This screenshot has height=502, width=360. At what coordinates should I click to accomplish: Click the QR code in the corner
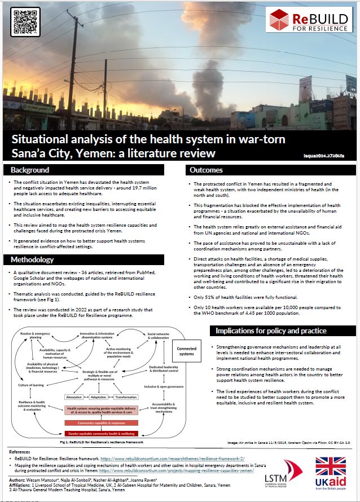pos(25,21)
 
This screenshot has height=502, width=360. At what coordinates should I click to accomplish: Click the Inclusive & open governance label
pos(164,386)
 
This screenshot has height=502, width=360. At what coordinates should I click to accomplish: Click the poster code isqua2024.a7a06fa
pos(335,154)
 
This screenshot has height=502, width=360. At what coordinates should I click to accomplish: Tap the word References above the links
pos(21,452)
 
